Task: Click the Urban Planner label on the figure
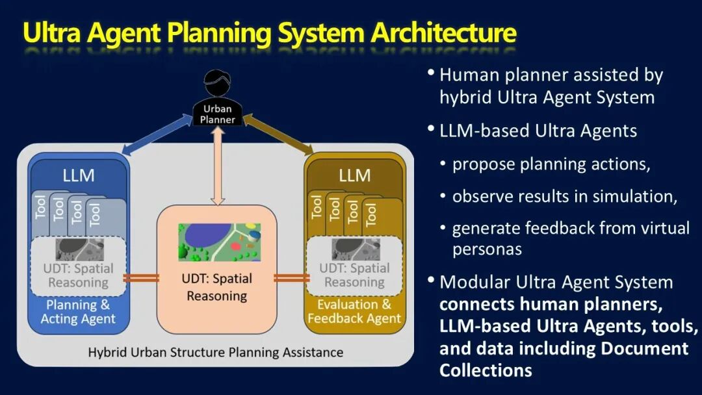[218, 114]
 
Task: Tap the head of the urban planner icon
[218, 83]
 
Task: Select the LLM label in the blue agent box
[79, 175]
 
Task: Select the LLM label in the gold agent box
[355, 175]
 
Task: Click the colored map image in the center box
[220, 242]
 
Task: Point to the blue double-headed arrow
[157, 134]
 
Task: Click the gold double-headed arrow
[278, 134]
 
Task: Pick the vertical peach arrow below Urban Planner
[218, 166]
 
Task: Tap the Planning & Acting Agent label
[78, 312]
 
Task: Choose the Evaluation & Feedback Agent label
[354, 311]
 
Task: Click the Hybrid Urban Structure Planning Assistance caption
[215, 353]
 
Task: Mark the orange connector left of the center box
[141, 278]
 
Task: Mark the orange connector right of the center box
[291, 278]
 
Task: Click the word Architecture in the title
[444, 32]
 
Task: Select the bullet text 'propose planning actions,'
[551, 164]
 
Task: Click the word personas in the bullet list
[487, 249]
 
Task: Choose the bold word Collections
[486, 370]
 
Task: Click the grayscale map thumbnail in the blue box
[80, 249]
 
